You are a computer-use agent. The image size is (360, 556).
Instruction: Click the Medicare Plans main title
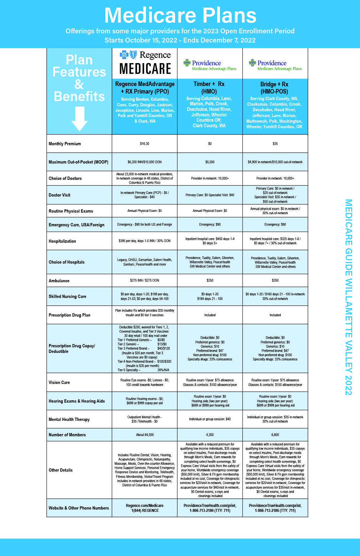pos(180,15)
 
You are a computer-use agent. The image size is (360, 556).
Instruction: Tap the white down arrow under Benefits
pos(80,119)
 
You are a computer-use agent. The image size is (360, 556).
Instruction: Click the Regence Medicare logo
pos(145,63)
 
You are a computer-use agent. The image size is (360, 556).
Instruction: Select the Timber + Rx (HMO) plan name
pos(209,88)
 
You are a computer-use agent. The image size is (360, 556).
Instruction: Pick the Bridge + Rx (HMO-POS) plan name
pos(274,88)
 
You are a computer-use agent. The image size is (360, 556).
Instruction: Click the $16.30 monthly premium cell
pos(144,144)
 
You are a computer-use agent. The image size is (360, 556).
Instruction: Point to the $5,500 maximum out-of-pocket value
pos(210,162)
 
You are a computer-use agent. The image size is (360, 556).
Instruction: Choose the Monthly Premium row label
pos(65,144)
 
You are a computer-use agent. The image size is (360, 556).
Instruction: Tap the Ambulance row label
pos(59,281)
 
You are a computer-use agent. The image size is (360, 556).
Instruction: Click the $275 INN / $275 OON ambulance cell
pos(144,280)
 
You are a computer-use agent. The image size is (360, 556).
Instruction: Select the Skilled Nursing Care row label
pos(67,296)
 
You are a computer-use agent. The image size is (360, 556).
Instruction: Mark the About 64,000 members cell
pos(145,435)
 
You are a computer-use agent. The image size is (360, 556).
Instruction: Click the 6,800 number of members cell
pos(275,435)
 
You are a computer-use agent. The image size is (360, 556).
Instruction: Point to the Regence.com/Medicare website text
pos(145,506)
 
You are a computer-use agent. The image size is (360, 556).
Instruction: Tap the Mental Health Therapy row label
pos(69,419)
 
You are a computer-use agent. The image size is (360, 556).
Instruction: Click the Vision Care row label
pos(59,382)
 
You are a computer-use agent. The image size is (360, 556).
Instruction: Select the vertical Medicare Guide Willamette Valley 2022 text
pos(348,297)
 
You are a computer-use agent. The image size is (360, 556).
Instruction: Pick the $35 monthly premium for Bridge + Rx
pos(275,144)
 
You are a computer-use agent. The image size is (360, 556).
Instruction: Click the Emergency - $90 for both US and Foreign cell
pos(144,225)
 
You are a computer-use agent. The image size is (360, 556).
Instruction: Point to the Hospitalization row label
pos(62,241)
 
